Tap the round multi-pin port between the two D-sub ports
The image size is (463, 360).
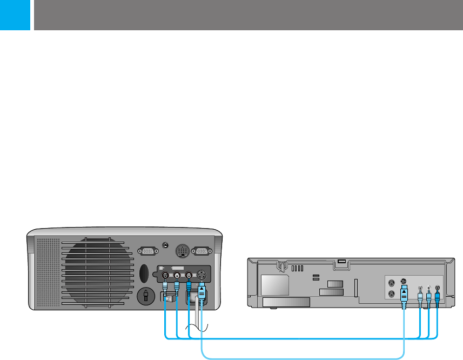[x=182, y=251]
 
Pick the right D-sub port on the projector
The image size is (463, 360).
[x=202, y=251]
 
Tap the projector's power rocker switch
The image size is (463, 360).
[x=169, y=298]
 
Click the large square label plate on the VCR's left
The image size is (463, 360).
[x=274, y=284]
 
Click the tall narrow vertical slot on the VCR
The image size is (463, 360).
[x=356, y=288]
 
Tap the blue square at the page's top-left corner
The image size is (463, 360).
[x=14, y=15]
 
